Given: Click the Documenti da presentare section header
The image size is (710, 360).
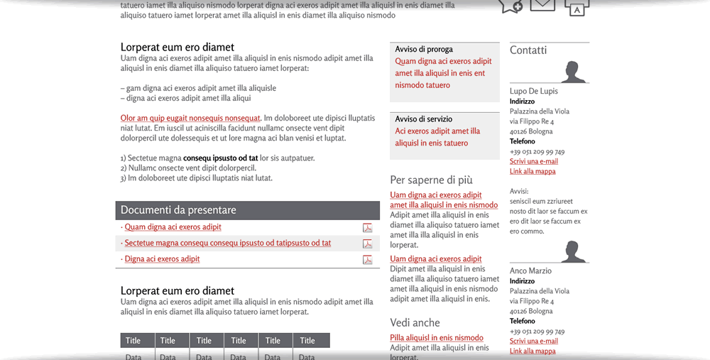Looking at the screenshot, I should point(178,210).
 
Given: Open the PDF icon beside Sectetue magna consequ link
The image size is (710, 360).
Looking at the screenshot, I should point(367,244).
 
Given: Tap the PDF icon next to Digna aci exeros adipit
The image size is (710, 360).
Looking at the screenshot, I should point(367,260).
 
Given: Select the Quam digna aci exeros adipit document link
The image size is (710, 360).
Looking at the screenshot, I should point(173,227).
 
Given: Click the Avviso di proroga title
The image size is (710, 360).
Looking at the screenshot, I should point(424,50).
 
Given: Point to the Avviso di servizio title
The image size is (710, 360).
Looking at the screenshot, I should point(424,119).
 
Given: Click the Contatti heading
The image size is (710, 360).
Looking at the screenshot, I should point(528,50).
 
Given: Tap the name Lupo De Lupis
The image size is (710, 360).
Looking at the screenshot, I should point(534,91).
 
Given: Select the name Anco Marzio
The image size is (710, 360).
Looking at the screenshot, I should point(530,271).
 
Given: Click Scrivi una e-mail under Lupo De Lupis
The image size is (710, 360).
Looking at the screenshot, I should point(534,162).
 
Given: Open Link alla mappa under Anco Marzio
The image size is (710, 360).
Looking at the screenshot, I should point(532,351).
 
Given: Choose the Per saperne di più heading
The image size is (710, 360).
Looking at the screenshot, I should point(431,180).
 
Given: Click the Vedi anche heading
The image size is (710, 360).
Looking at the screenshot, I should point(415,323).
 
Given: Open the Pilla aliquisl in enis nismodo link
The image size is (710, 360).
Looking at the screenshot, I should point(437,338).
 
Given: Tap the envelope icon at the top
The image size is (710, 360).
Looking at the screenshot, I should point(542,5).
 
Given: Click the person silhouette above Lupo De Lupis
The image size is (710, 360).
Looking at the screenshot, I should point(573,72).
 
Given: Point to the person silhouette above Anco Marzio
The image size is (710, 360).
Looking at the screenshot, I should point(573,252).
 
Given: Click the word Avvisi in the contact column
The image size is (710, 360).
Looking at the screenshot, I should point(519,191).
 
